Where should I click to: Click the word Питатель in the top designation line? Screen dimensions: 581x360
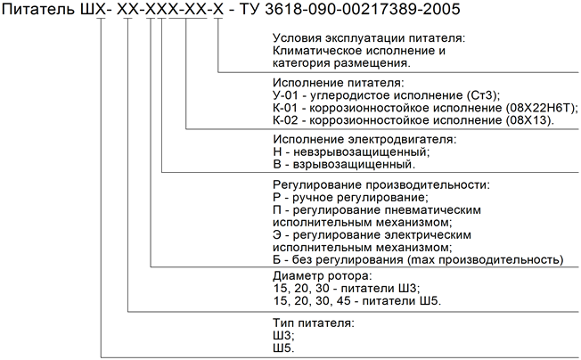38,9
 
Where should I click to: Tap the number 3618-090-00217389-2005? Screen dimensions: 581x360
363,9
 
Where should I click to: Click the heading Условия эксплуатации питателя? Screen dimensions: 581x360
369,38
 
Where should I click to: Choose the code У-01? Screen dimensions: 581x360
285,95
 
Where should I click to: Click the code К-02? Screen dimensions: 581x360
285,120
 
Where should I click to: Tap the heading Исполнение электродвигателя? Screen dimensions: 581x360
365,139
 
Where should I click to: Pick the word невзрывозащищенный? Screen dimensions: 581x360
361,151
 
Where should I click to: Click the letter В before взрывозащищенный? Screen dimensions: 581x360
277,164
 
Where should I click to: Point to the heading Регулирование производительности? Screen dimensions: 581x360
381,184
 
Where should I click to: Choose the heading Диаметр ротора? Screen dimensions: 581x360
322,276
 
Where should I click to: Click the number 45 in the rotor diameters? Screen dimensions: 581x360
343,300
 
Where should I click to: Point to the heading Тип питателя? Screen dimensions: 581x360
314,323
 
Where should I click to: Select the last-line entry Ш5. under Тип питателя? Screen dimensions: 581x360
284,348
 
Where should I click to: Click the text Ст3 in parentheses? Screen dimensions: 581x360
484,95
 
